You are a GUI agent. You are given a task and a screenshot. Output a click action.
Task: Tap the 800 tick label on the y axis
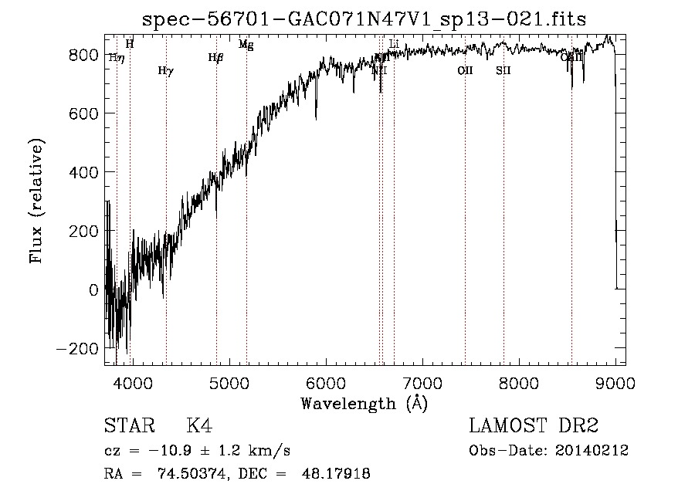[x=82, y=55]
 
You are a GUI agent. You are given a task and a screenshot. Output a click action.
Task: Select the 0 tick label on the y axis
[x=93, y=289]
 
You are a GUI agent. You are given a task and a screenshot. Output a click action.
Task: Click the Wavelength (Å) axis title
[x=364, y=403]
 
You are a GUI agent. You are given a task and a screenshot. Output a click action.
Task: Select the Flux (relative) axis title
[x=37, y=201]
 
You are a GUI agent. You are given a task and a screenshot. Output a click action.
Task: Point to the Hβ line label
[x=215, y=57]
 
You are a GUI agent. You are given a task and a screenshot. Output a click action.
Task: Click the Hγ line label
[x=165, y=71]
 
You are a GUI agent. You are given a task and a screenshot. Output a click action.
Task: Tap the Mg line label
[x=246, y=45]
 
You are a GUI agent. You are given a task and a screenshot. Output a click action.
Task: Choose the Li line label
[x=394, y=45]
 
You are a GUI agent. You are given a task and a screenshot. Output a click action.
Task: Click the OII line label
[x=464, y=70]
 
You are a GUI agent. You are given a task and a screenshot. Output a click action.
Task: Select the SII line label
[x=503, y=70]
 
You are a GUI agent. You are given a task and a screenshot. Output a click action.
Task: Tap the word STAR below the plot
[x=127, y=426]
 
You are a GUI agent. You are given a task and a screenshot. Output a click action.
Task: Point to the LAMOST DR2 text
[x=534, y=426]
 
